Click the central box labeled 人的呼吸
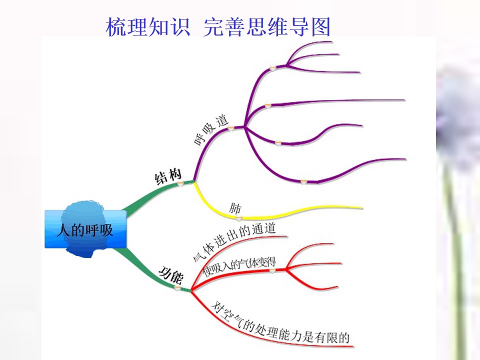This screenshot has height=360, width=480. coord(85,229)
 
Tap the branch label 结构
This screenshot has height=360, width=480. coord(168,176)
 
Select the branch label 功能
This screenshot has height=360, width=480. coord(171,274)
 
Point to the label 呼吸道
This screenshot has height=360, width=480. coord(211,130)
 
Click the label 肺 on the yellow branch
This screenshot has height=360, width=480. coord(235,208)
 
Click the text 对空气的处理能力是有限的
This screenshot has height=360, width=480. coord(280,325)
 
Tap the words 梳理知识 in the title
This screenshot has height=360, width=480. coord(148,26)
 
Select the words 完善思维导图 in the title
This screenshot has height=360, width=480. coord(266,26)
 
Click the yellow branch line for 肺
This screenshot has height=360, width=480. coord(263,216)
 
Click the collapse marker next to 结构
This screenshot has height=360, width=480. coord(181,183)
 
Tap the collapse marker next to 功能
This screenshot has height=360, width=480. coord(177,288)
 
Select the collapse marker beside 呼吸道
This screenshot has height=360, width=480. coord(230,128)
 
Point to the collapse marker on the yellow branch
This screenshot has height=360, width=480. coord(239,218)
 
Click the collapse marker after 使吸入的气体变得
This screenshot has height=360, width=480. coord(272,270)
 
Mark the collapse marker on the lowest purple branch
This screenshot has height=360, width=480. coord(303,181)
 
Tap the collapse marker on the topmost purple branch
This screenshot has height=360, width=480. coord(272,67)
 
